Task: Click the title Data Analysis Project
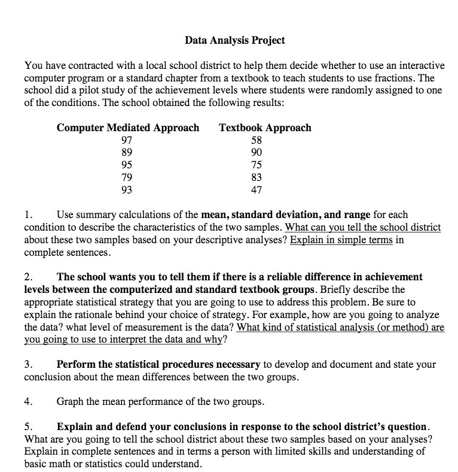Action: (x=234, y=41)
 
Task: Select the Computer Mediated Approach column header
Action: (x=128, y=128)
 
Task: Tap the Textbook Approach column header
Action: (x=265, y=128)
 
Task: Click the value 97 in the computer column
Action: (x=127, y=140)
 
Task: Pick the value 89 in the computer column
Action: (x=127, y=153)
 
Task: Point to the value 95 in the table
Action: (x=127, y=165)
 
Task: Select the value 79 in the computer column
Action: (x=127, y=178)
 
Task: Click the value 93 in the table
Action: (x=127, y=190)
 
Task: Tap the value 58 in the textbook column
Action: (x=257, y=140)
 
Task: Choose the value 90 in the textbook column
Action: (x=257, y=153)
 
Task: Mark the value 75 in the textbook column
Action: (x=257, y=165)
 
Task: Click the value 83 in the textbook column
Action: (x=257, y=178)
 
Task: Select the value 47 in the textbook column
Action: (x=257, y=190)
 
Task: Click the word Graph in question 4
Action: (x=70, y=402)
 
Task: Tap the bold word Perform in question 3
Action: (x=76, y=364)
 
